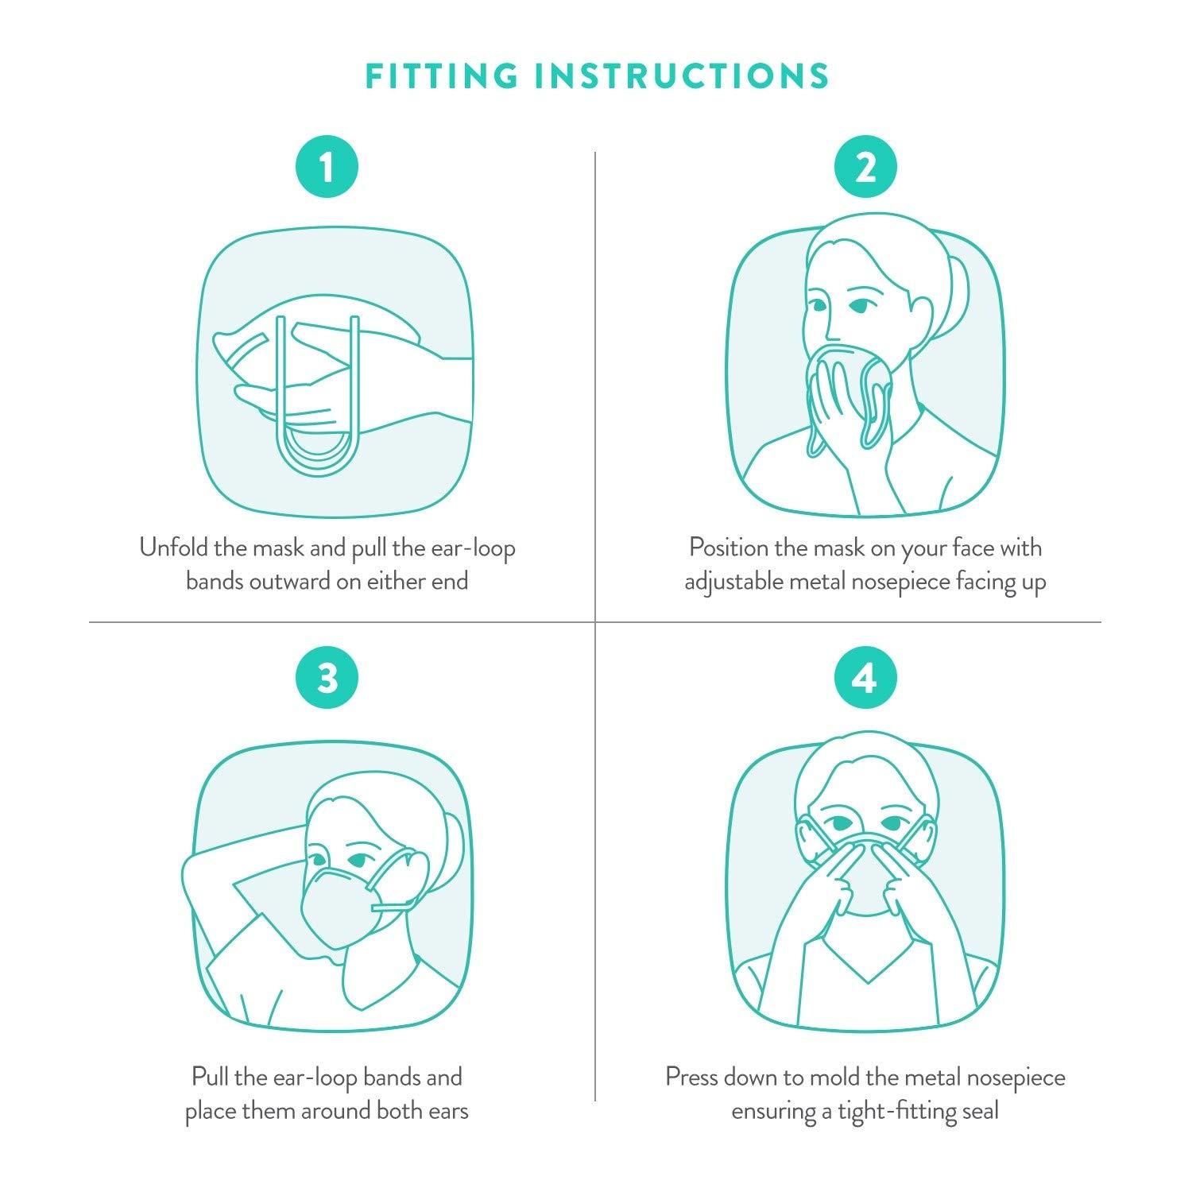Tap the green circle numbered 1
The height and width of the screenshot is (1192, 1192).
click(327, 168)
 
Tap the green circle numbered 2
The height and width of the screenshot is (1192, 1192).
click(865, 168)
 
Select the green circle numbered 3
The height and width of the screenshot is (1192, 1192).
click(327, 679)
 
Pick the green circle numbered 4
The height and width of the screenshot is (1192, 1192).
click(865, 679)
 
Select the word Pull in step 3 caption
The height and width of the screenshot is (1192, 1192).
click(208, 1078)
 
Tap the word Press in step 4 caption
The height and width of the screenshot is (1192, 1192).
click(695, 1078)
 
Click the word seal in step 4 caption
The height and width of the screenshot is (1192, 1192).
click(979, 1110)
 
